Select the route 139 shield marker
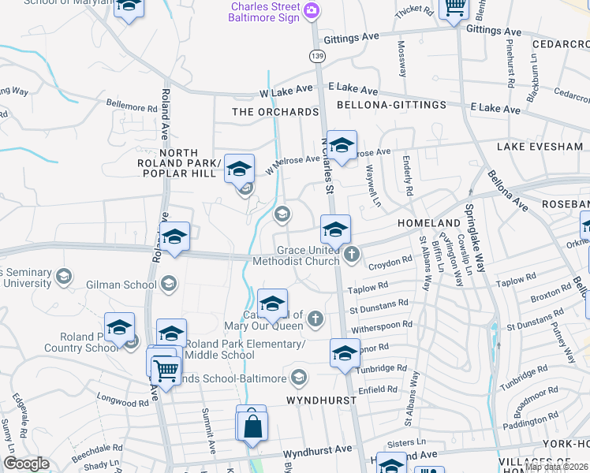click(317, 56)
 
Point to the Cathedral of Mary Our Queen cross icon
click(316, 318)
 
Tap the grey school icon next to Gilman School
click(168, 283)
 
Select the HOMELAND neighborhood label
click(428, 223)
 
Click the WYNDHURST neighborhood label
click(321, 400)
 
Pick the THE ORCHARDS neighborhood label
click(275, 112)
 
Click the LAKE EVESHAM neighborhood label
click(540, 147)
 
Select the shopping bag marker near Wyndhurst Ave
click(252, 426)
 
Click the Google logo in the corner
click(26, 464)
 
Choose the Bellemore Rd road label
click(132, 107)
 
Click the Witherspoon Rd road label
click(382, 324)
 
